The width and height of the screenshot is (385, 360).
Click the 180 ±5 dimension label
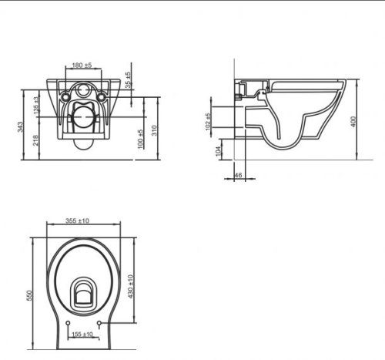[82, 65]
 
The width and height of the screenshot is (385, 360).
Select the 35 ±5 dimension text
[128, 80]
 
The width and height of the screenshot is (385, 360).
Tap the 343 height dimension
[20, 127]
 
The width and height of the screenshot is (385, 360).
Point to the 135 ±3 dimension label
[36, 106]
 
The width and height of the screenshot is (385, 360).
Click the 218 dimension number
[35, 140]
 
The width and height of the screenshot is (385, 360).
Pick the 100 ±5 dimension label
[140, 139]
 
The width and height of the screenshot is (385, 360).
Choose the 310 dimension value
[154, 130]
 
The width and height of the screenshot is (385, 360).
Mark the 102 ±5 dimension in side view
[208, 122]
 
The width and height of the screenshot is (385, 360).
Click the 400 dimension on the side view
[353, 122]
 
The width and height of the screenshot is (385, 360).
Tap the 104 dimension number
[219, 151]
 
